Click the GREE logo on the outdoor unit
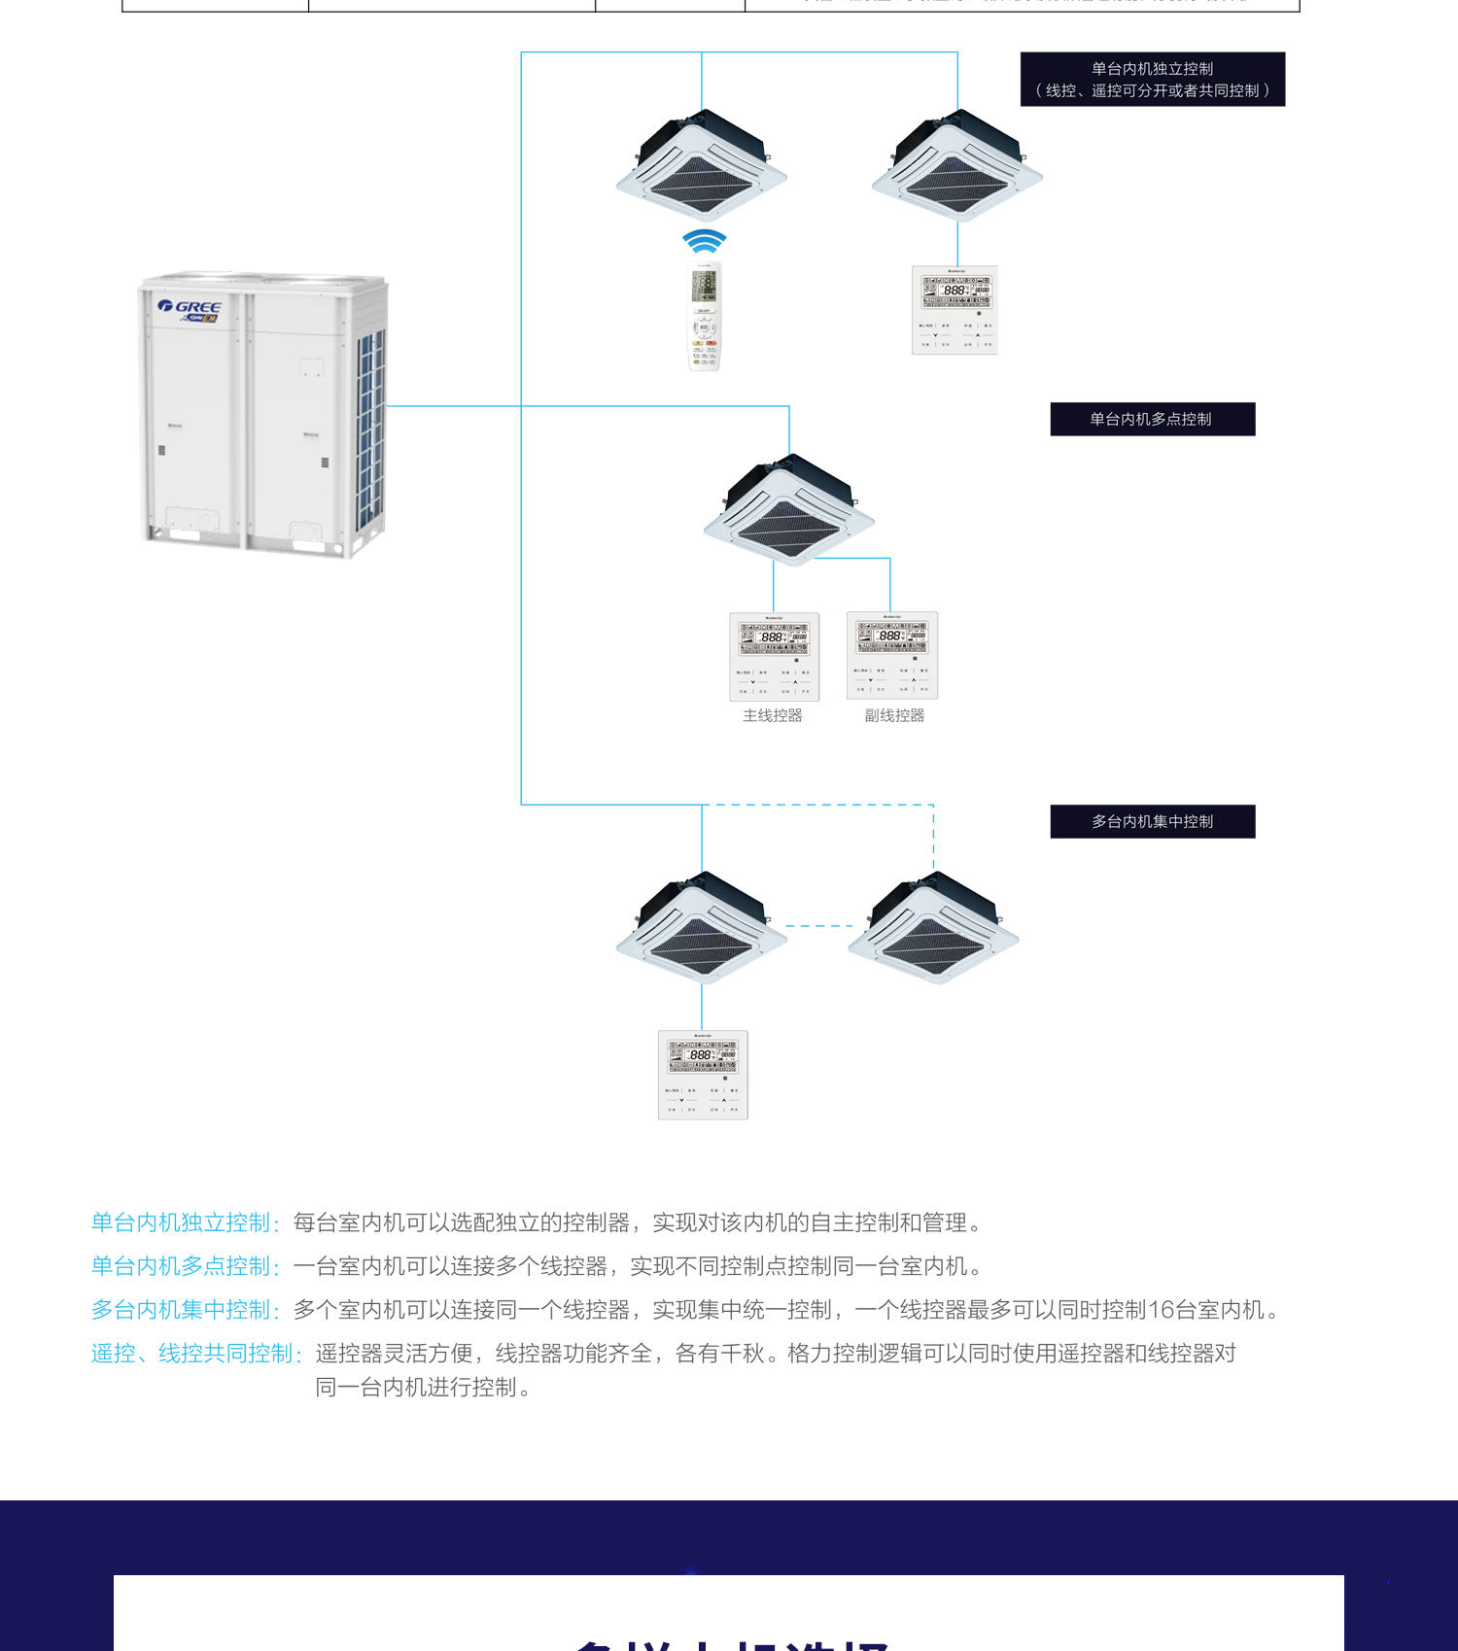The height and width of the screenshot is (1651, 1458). coord(191,307)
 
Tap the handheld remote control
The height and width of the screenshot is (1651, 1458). coord(705,317)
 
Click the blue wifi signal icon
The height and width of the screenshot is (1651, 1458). coord(705,240)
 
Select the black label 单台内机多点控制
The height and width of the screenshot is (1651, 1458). coord(1152,419)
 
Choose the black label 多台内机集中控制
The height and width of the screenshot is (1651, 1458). coord(1152,821)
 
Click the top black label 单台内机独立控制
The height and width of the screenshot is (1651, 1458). coord(1152,79)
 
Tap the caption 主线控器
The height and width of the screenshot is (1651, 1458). coord(773,715)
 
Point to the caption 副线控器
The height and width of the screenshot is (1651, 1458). coord(894,715)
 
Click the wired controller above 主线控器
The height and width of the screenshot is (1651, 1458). coord(774,656)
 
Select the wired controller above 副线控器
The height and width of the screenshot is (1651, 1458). coord(892,655)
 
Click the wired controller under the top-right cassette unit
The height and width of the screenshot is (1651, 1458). coord(955,310)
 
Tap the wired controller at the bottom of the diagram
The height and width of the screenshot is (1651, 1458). coord(703,1075)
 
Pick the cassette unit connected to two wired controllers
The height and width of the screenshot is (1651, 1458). coord(789,510)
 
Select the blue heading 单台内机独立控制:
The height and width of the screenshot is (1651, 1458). coord(186,1222)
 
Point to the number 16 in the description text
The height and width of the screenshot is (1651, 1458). coord(1162,1310)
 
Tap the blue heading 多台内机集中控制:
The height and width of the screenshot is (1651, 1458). coord(186,1310)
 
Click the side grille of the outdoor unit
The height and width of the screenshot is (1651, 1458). coord(370,428)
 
